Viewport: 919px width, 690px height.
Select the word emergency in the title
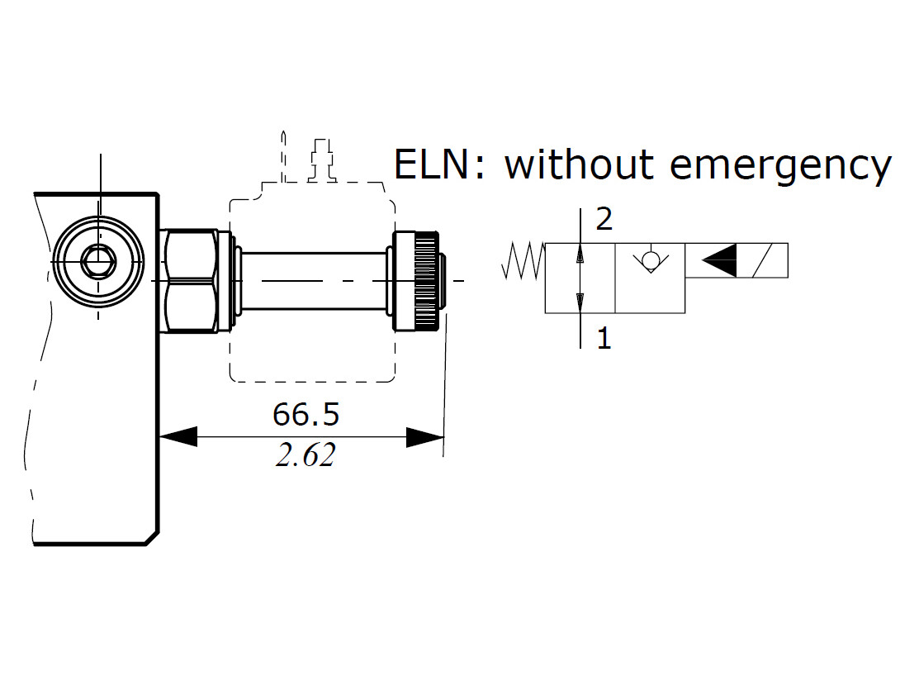[780, 165]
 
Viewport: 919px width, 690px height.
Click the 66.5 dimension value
[306, 415]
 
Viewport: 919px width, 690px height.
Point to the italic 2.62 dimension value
[306, 456]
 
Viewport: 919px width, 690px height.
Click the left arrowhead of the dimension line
[178, 436]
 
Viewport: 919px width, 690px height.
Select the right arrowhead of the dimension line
[425, 436]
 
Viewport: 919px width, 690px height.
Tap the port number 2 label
[604, 220]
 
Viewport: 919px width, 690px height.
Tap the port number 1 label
[604, 339]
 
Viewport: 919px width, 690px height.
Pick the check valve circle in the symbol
[650, 261]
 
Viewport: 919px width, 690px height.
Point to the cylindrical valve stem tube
[314, 280]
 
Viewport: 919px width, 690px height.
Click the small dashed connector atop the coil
[320, 160]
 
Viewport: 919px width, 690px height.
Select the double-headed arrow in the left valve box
[580, 278]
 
